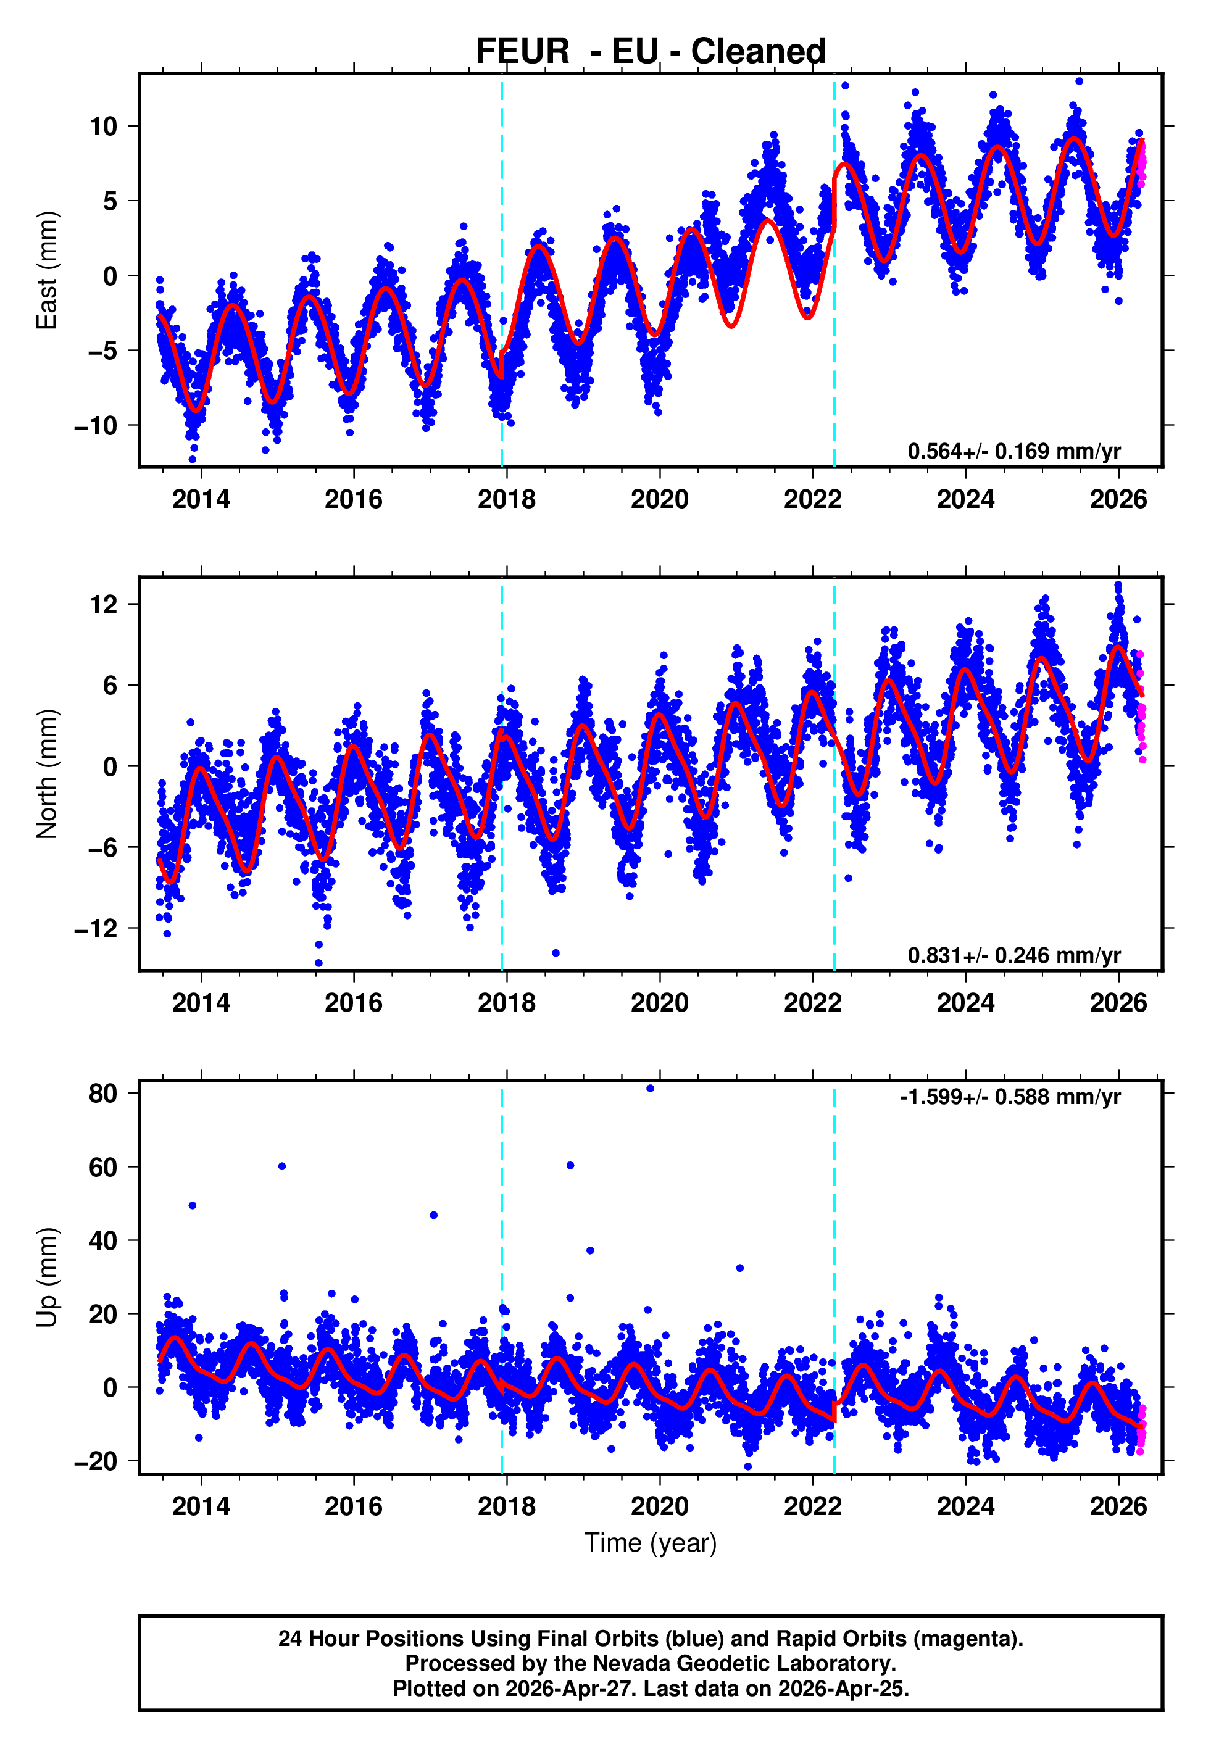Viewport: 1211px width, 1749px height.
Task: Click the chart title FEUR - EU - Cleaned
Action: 651,52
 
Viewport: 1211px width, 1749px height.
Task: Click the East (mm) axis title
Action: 47,270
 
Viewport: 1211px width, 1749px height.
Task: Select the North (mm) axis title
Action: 47,774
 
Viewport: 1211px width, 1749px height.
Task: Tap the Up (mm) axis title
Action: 47,1277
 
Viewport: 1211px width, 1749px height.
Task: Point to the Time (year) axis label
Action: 651,1543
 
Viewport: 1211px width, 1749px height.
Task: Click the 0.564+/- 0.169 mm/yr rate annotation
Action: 1013,451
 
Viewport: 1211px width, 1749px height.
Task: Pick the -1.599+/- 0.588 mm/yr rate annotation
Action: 1010,1097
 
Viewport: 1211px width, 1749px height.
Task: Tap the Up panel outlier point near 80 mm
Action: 651,1089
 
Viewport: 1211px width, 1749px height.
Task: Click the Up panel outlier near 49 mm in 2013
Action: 193,1205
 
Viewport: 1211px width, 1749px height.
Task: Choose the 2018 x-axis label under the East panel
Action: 506,499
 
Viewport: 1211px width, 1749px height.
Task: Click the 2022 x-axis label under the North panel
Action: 813,1003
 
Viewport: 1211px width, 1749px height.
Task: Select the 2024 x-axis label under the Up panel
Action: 965,1506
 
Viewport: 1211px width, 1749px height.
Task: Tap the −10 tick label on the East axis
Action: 96,426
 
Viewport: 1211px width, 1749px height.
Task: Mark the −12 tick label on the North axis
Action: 96,928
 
